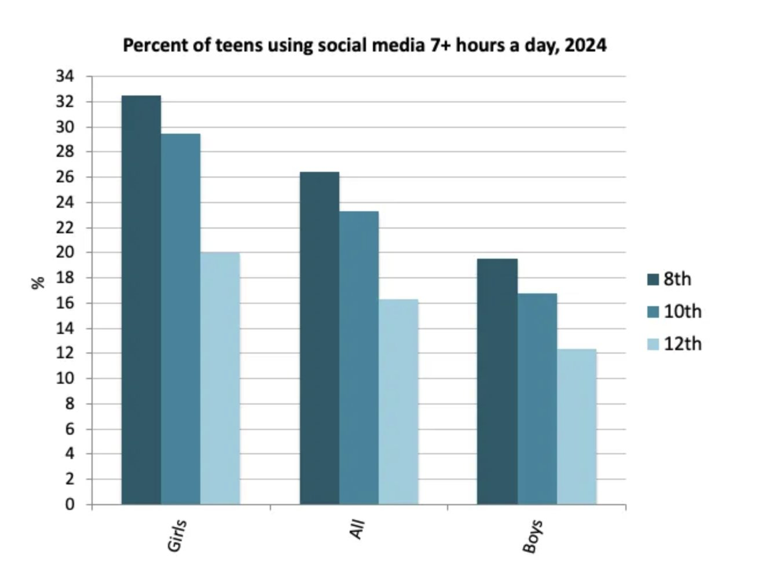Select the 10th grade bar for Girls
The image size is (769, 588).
pyautogui.click(x=181, y=319)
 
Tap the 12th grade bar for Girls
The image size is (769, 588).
pyautogui.click(x=220, y=378)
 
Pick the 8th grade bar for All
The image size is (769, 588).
pyautogui.click(x=320, y=338)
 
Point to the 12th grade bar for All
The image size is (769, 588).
pyautogui.click(x=398, y=402)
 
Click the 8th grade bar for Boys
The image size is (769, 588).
pyautogui.click(x=497, y=381)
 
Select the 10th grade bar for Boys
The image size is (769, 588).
pyautogui.click(x=537, y=399)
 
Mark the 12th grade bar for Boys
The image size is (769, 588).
pyautogui.click(x=577, y=427)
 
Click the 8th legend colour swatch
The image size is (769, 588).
pyautogui.click(x=653, y=280)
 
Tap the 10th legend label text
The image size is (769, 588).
pyautogui.click(x=682, y=311)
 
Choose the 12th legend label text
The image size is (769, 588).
pyautogui.click(x=682, y=344)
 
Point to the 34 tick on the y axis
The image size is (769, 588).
pyautogui.click(x=65, y=76)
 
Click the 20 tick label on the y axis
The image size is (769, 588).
pyautogui.click(x=65, y=252)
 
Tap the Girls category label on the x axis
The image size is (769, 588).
pyautogui.click(x=177, y=535)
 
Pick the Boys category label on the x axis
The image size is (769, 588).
pyautogui.click(x=532, y=536)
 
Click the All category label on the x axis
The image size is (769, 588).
pyautogui.click(x=357, y=530)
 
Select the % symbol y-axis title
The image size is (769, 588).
pyautogui.click(x=38, y=282)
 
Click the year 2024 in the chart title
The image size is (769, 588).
pyautogui.click(x=585, y=45)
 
